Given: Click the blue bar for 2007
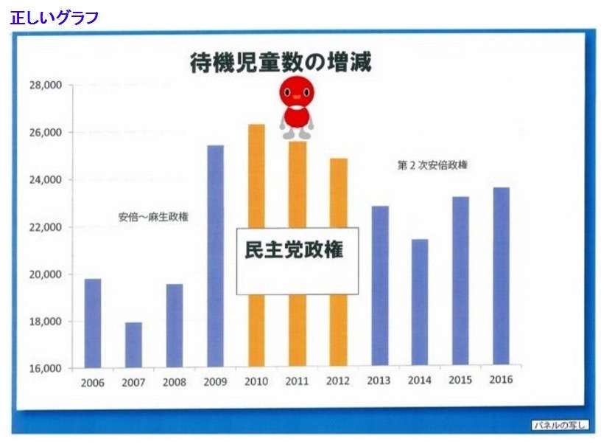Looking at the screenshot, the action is [x=133, y=345].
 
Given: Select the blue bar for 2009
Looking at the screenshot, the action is [x=216, y=256].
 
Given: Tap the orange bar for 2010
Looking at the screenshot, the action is [x=256, y=245].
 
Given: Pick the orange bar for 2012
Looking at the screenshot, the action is [x=338, y=262].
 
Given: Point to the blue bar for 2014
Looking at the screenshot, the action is [x=420, y=302].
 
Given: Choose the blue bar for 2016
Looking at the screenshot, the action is [x=502, y=276].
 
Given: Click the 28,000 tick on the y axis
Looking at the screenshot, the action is [x=46, y=85].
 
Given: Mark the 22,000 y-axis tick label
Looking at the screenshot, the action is [x=46, y=227].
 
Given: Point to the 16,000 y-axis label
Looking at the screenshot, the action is [x=46, y=368].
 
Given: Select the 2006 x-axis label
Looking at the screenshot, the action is [x=93, y=383].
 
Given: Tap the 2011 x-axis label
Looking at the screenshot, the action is [x=297, y=381].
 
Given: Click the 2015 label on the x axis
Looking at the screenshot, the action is [x=460, y=380].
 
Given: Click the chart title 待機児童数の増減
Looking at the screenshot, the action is [x=281, y=63].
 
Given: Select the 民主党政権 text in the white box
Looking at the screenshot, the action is [x=294, y=249].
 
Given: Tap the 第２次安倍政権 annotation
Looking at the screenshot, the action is [x=432, y=165].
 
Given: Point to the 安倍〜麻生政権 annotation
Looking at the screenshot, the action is [x=153, y=217].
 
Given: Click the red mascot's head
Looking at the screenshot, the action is [x=297, y=91].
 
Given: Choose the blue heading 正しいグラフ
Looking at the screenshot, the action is [x=54, y=18].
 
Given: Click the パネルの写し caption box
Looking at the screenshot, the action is [x=560, y=425].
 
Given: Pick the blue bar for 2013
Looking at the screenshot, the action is [x=380, y=286].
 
